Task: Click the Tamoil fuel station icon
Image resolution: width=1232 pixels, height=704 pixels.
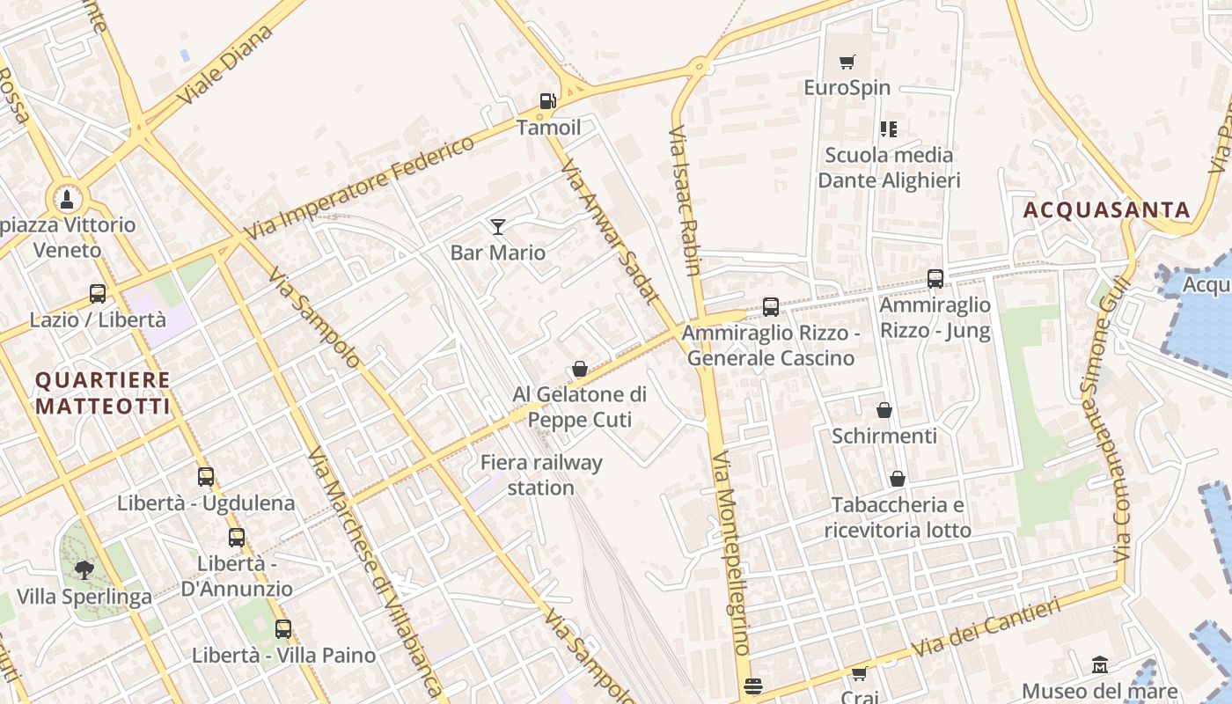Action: pyautogui.click(x=548, y=101)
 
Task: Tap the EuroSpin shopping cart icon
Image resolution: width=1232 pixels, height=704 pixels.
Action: pyautogui.click(x=847, y=62)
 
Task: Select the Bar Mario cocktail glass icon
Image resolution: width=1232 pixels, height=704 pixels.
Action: pyautogui.click(x=498, y=227)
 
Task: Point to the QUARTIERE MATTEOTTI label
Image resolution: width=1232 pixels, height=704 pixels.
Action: pyautogui.click(x=102, y=393)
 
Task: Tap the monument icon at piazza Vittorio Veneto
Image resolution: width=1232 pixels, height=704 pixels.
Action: pyautogui.click(x=67, y=199)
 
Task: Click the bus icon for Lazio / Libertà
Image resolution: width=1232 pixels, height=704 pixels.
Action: pyautogui.click(x=98, y=294)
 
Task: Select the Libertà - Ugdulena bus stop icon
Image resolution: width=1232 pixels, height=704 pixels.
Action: pyautogui.click(x=206, y=477)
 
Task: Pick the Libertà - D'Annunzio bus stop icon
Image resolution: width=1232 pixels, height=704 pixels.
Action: pyautogui.click(x=237, y=537)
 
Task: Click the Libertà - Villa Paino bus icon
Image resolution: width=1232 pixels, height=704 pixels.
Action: pyautogui.click(x=282, y=629)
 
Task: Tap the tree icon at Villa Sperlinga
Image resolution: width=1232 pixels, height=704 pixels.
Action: pyautogui.click(x=84, y=570)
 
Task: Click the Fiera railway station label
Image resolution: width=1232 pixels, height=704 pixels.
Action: pyautogui.click(x=541, y=475)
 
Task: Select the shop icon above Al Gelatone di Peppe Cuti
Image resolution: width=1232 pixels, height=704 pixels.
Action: pyautogui.click(x=580, y=369)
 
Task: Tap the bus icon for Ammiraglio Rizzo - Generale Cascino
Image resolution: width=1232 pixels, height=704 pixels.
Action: pyautogui.click(x=771, y=307)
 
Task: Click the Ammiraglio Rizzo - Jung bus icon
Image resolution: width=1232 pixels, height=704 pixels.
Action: pyautogui.click(x=935, y=279)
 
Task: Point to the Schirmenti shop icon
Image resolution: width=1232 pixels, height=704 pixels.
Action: pyautogui.click(x=884, y=410)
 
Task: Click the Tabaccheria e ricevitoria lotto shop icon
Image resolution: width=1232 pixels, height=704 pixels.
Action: pyautogui.click(x=898, y=479)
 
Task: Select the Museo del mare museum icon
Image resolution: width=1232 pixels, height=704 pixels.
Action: pyautogui.click(x=1099, y=665)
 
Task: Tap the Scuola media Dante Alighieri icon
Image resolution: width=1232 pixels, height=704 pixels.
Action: pyautogui.click(x=889, y=129)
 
